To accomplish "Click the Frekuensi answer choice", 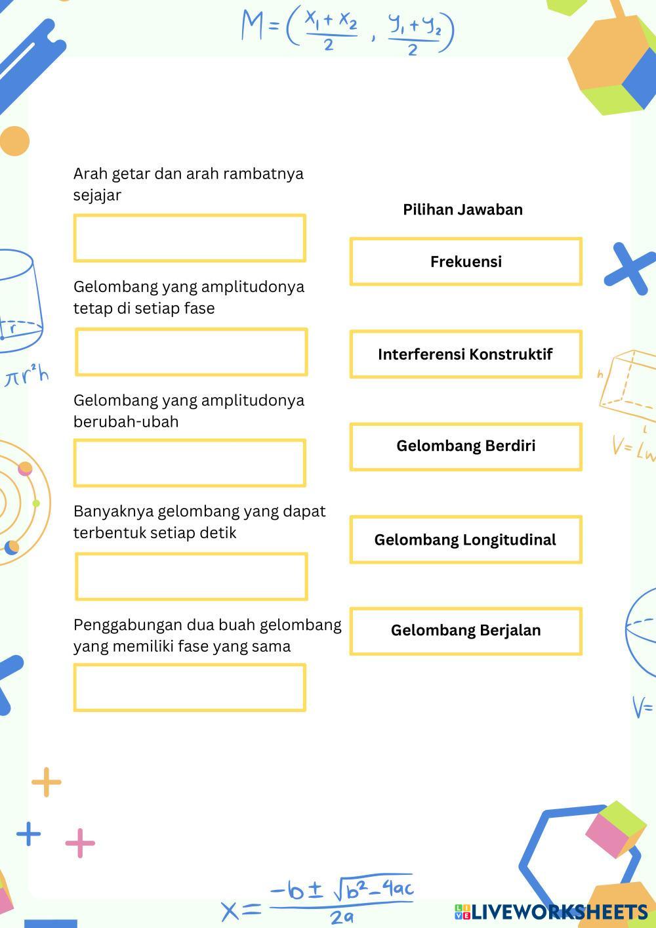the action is click(466, 261).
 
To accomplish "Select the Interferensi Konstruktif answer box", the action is click(466, 354).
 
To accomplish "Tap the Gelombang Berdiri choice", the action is click(466, 446).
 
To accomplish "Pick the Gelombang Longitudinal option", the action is click(466, 539).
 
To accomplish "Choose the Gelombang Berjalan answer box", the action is click(466, 631).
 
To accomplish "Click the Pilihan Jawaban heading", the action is click(462, 209).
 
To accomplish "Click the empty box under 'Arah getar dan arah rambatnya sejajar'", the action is click(190, 238).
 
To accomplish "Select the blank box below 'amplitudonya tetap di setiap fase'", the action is click(191, 352).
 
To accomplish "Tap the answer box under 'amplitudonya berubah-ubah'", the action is click(190, 463).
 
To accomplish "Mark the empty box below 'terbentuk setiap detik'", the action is click(191, 576).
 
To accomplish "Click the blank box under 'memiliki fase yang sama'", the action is click(190, 687).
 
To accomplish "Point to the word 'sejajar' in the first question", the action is click(97, 196).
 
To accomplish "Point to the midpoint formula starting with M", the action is click(348, 30).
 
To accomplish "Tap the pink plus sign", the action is click(80, 843).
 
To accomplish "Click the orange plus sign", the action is click(47, 782).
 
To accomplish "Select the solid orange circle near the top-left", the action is click(14, 141).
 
